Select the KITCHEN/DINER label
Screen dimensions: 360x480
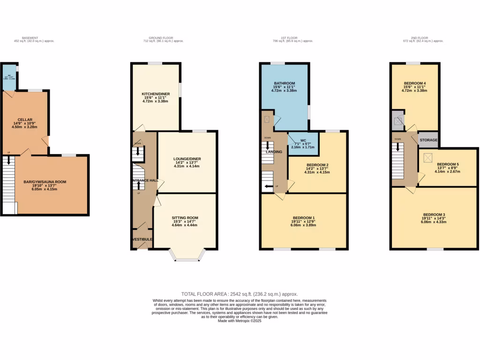tap(156, 94)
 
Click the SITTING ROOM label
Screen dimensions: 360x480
tap(185, 218)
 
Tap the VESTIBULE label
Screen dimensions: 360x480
tap(142, 240)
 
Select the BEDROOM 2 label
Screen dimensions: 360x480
tap(317, 165)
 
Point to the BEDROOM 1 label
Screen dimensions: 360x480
tap(304, 218)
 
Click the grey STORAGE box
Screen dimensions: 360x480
tap(428, 140)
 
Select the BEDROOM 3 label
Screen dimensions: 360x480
tap(434, 215)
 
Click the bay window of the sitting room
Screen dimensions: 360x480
tap(187, 255)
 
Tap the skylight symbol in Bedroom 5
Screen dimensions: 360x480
tap(427, 157)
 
